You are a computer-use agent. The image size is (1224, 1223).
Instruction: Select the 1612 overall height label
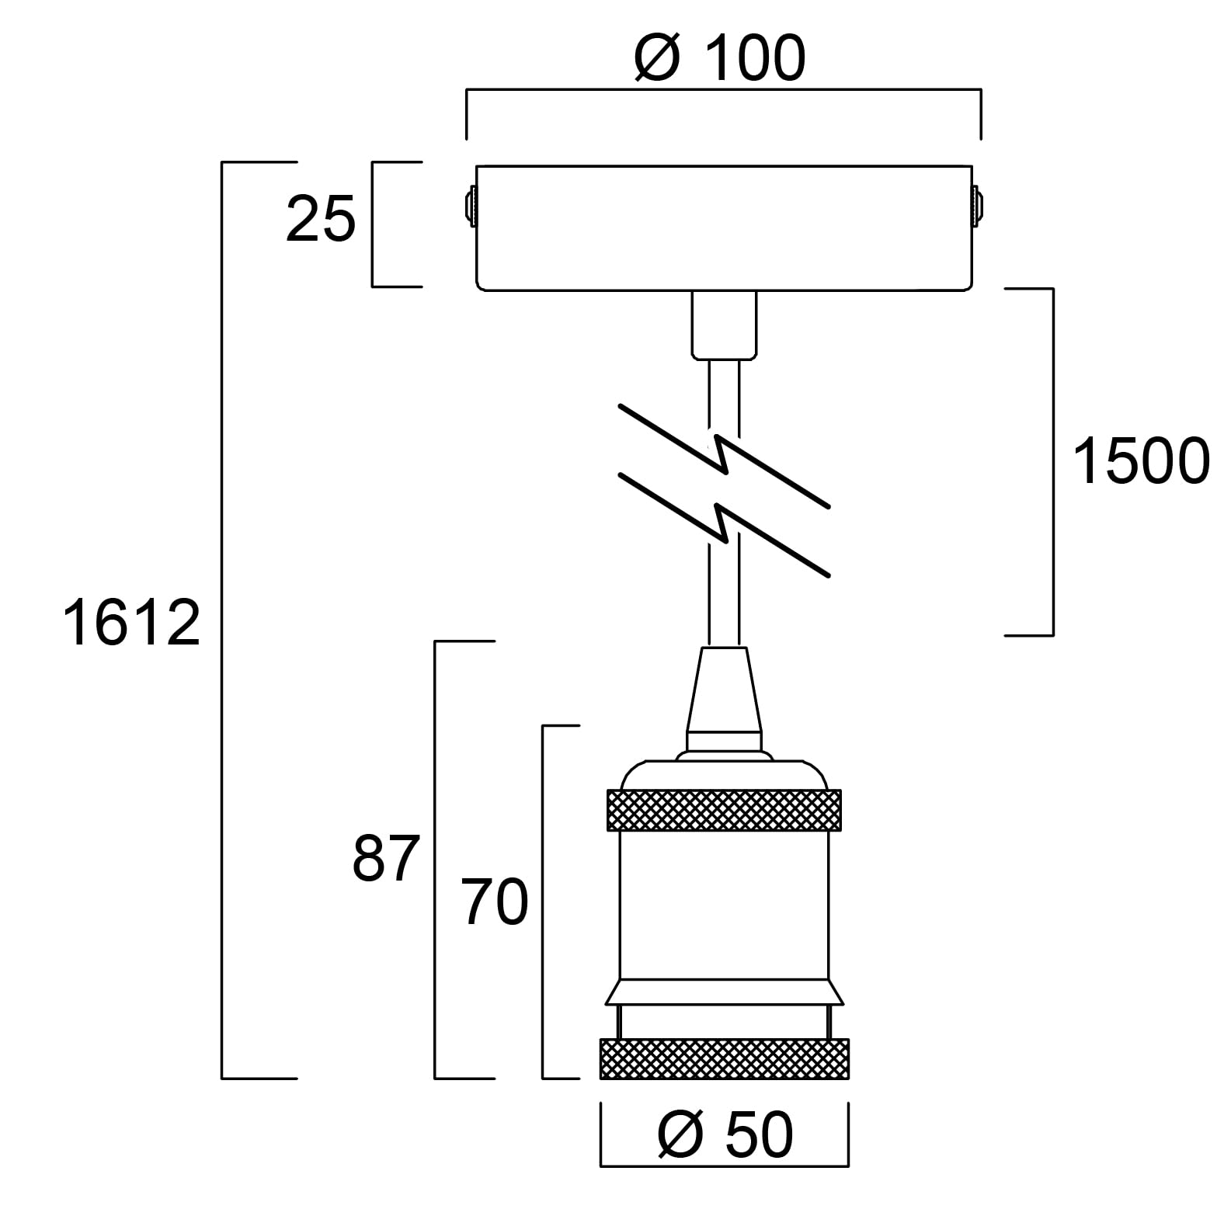coord(131,623)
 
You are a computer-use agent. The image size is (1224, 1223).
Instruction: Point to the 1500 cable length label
coord(1140,461)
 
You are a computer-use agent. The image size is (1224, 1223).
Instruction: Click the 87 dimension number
coord(386,859)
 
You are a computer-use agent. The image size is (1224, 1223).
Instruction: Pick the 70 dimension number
coord(495,902)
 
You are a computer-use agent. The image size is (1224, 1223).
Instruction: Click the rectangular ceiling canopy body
coord(724,228)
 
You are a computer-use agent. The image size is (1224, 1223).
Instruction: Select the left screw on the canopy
coord(470,206)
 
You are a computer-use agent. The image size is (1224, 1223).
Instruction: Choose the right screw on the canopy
coord(978,206)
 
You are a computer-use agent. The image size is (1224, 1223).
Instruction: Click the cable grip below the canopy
coord(724,325)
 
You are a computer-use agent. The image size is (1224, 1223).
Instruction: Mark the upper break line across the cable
coord(724,455)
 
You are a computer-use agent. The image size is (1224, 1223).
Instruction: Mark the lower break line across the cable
coord(724,525)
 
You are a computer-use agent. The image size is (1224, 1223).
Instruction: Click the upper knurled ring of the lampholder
coord(722,810)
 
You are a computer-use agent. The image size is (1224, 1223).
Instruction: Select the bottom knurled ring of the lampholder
coord(724,1058)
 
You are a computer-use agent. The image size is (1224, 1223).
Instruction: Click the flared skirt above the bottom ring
coord(724,992)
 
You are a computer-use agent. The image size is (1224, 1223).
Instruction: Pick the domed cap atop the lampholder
coord(724,771)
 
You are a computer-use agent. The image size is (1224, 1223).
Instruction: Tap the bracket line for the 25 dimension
coord(373,224)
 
